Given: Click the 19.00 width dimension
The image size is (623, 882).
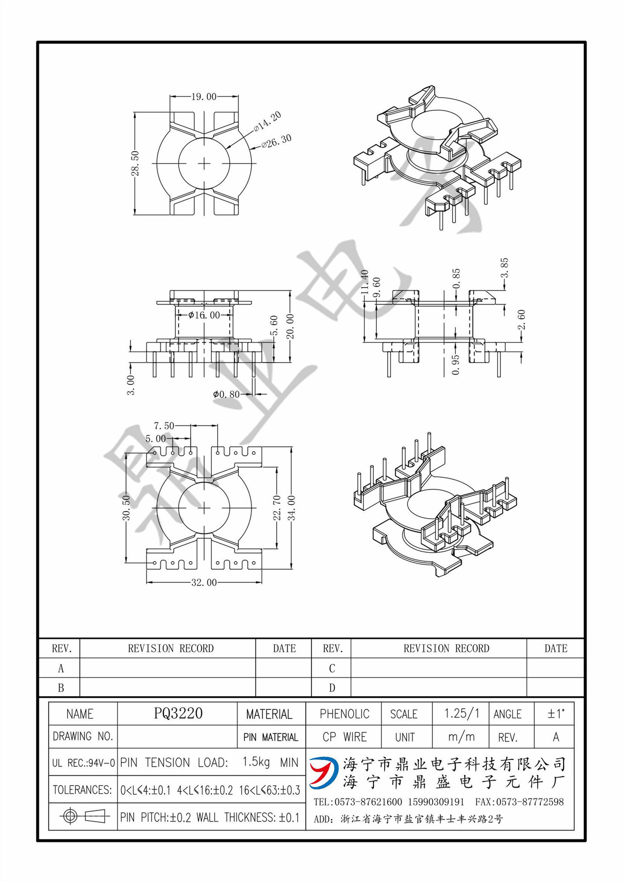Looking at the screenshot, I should point(204,97).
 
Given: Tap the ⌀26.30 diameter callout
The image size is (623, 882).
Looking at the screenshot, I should point(277,141).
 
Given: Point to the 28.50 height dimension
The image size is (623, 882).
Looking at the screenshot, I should point(135,164).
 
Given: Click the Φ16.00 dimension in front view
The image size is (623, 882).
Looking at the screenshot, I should point(204,315).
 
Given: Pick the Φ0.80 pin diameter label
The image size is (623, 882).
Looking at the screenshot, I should point(226,394).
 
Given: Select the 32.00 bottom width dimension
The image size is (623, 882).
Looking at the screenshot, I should point(204,582).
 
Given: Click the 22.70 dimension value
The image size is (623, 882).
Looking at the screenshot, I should point(277,508).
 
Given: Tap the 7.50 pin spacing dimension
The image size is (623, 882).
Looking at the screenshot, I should point(164,426).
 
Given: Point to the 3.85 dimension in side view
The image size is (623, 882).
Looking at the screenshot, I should point(504,268).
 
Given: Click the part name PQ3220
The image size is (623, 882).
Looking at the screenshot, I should point(178,713).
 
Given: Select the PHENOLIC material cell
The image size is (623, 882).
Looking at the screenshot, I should point(344,714).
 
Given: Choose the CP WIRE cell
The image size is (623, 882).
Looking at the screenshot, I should point(344,737).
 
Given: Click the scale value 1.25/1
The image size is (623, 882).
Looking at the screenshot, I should point(461,713).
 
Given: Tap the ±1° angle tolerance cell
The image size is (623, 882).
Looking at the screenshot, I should point(555,714).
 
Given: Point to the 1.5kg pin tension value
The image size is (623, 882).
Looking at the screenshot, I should point(256,762).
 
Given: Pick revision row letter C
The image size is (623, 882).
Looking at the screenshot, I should point(332,668).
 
